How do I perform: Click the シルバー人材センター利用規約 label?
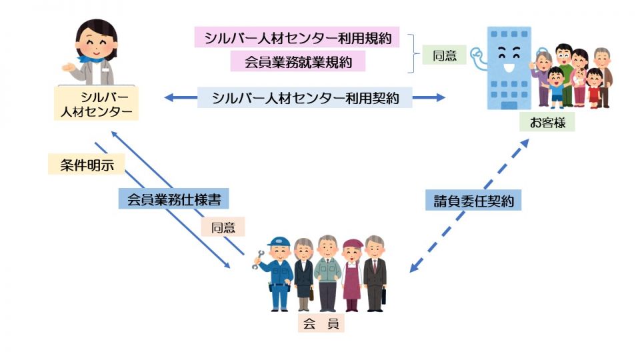click(x=297, y=37)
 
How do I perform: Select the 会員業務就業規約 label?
click(x=298, y=62)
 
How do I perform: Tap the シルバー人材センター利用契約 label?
click(x=305, y=98)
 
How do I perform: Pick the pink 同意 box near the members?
click(x=223, y=227)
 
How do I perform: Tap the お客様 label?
click(x=547, y=123)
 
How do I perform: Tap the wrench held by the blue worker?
click(x=257, y=261)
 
